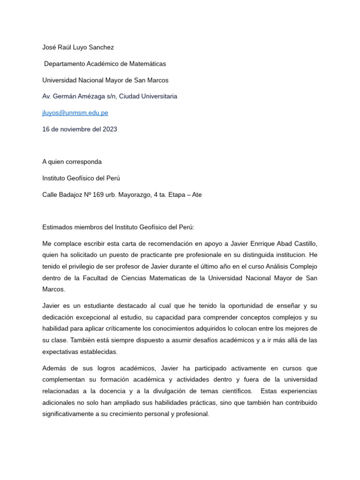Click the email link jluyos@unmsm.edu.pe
(x=75, y=113)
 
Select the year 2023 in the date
(x=110, y=129)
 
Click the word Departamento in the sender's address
(x=65, y=64)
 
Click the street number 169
(x=98, y=195)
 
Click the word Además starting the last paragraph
(x=54, y=368)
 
